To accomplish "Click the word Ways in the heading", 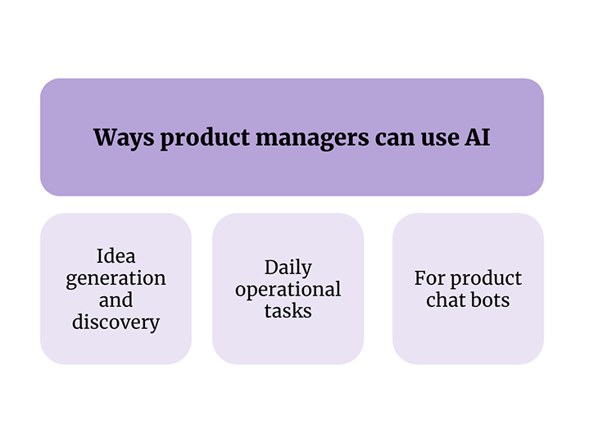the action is click(x=124, y=138).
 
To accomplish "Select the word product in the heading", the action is click(x=205, y=138).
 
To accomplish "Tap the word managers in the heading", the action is click(x=312, y=138).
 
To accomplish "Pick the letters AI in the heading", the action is click(x=477, y=138).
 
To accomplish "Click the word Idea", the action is click(x=116, y=255).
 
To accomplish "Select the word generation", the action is click(x=116, y=279).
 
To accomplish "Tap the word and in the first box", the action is click(x=116, y=300).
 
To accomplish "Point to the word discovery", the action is click(x=116, y=323).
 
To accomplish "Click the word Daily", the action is click(x=288, y=268).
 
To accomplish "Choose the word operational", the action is click(x=288, y=291).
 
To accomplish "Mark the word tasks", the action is click(x=288, y=311).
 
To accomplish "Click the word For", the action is click(x=430, y=278).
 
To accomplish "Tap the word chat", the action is click(x=446, y=300).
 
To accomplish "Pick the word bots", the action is click(x=490, y=300).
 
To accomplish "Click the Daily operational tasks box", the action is click(x=288, y=289).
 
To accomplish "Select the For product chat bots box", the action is click(x=468, y=289).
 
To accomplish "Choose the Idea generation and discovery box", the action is click(x=116, y=289).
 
